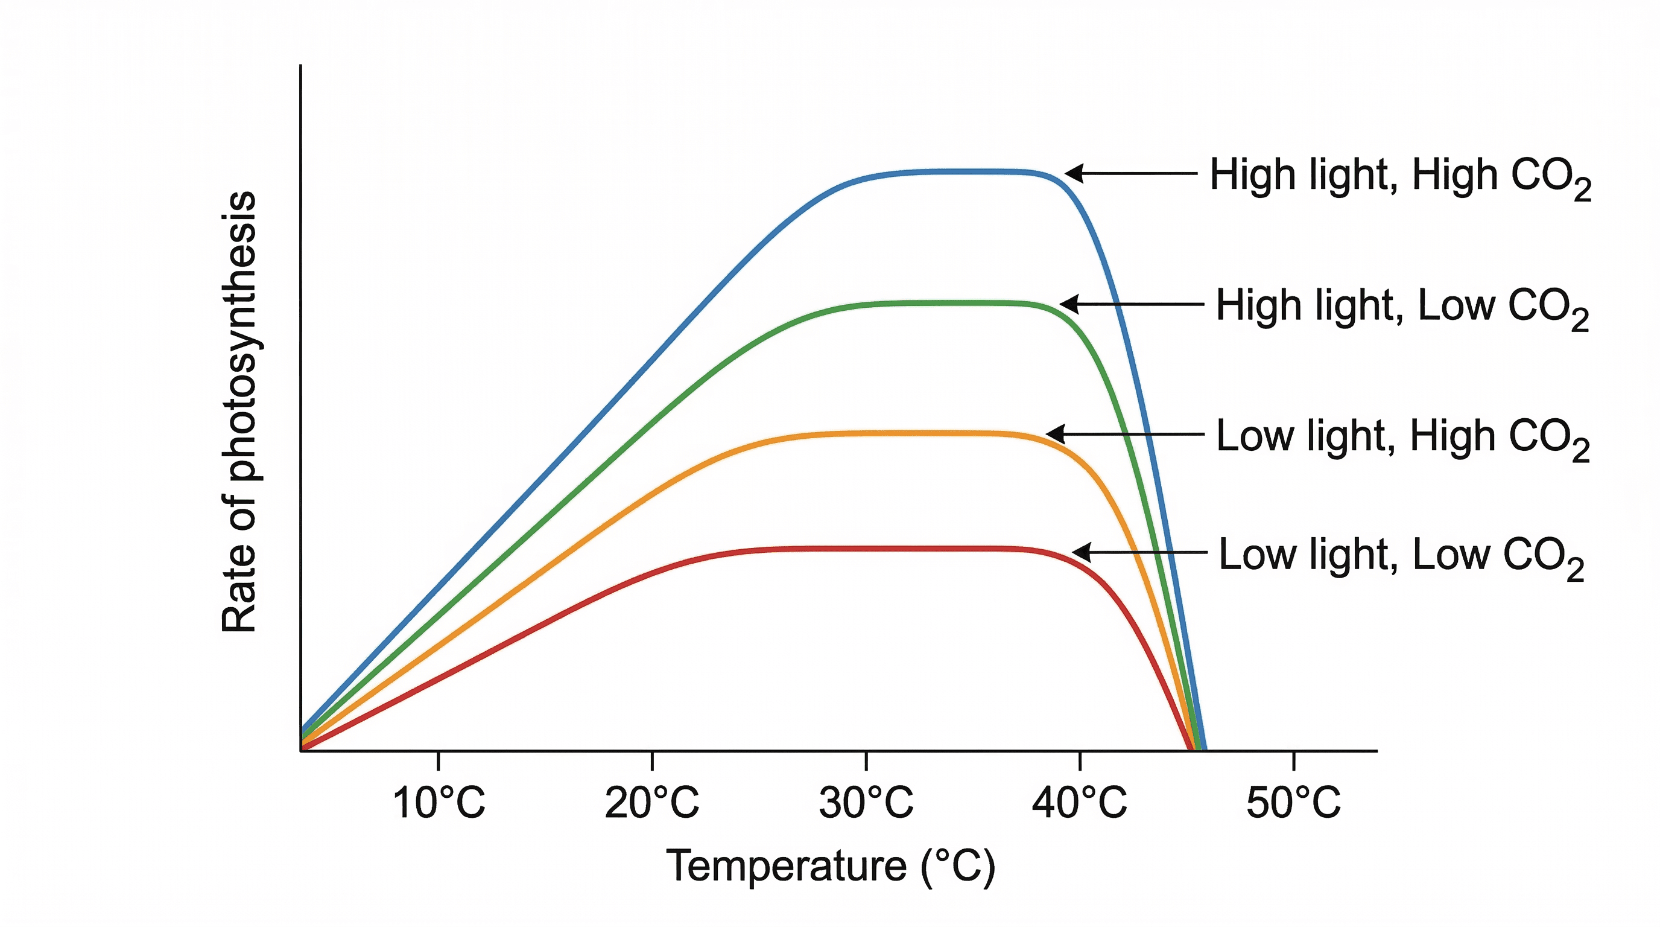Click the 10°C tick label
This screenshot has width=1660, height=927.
[438, 803]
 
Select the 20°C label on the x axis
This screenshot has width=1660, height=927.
[652, 803]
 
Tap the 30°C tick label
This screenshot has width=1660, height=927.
[866, 803]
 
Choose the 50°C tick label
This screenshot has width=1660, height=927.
[1294, 803]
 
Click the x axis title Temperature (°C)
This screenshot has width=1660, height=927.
[830, 866]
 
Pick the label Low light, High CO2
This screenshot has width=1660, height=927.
[1402, 438]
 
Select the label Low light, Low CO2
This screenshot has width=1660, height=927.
[1401, 556]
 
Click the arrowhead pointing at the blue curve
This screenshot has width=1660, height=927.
[1074, 173]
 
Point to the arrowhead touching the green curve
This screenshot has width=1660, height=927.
[1069, 304]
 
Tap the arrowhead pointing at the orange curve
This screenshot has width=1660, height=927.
[1055, 434]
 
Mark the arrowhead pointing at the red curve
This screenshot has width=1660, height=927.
[1082, 552]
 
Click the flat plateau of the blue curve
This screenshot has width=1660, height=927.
[954, 171]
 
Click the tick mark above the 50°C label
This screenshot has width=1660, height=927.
[1294, 760]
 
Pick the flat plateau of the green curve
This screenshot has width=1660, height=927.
[934, 302]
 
